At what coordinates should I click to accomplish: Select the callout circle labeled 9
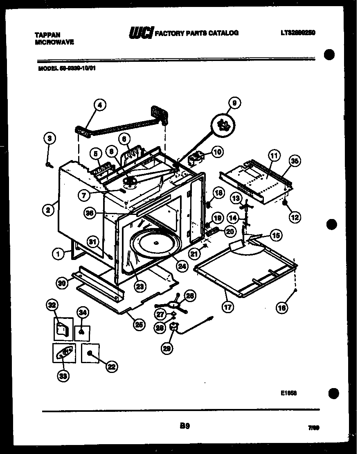point(234,103)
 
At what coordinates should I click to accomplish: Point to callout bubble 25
point(139,324)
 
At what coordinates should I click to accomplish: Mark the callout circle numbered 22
point(111,367)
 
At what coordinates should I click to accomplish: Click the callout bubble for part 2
point(48,210)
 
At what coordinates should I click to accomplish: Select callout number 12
point(295,217)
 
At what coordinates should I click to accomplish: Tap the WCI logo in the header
point(141,33)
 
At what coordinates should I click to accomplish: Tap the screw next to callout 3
point(49,165)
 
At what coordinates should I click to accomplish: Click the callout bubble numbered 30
point(62,282)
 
